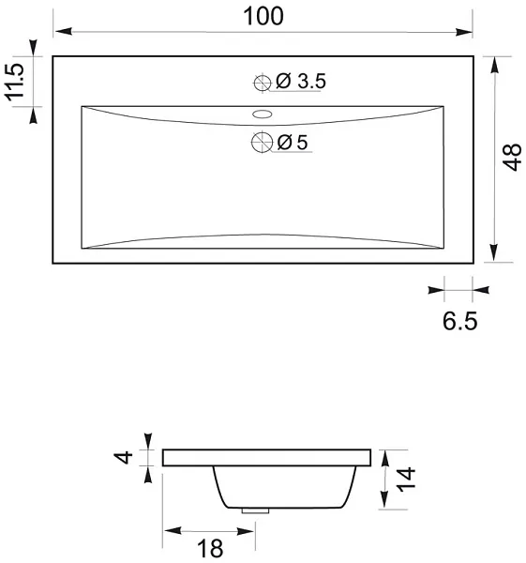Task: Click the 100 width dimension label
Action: click(x=263, y=16)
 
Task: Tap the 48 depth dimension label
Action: click(x=512, y=157)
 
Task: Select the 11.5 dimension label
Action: click(x=14, y=82)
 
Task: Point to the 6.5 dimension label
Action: click(x=460, y=321)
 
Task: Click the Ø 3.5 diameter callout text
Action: click(x=301, y=81)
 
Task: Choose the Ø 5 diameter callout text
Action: click(x=293, y=143)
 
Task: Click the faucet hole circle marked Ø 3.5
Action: click(x=263, y=84)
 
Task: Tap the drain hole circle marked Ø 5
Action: click(x=262, y=143)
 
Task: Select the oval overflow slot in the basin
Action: click(x=262, y=114)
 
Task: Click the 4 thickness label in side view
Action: click(x=123, y=458)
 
